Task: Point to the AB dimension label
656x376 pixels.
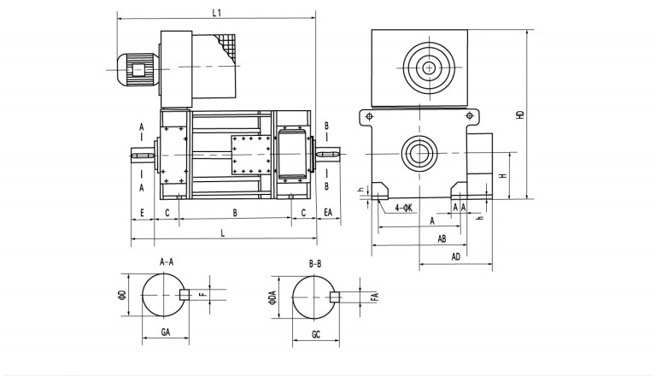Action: (x=442, y=238)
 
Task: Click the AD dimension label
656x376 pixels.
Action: (x=456, y=256)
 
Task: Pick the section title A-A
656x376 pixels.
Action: (x=167, y=262)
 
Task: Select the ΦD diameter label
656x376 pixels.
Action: (x=122, y=297)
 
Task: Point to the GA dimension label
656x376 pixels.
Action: (x=167, y=332)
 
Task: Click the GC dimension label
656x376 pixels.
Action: (x=316, y=333)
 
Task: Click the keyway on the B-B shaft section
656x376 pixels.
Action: (x=336, y=297)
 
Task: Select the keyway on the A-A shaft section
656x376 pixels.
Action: (x=184, y=296)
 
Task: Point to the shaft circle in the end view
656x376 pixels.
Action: (x=419, y=153)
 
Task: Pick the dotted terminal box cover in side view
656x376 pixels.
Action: (x=249, y=155)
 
